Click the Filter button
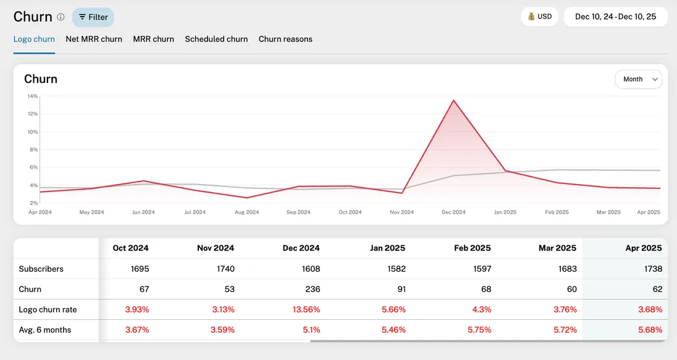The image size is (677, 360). (93, 17)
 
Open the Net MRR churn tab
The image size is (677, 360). (94, 39)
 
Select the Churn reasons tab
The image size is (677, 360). (285, 39)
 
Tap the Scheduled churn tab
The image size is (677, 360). (216, 39)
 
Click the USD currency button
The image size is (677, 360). (539, 17)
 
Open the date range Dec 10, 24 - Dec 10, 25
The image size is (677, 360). (615, 17)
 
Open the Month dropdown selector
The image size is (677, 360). (638, 79)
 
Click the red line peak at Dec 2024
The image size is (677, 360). (454, 100)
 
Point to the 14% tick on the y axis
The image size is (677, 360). (33, 96)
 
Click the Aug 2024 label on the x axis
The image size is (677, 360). (247, 212)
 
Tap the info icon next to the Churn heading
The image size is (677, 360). (61, 17)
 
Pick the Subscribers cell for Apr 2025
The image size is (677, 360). (652, 269)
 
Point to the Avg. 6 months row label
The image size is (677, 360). (45, 330)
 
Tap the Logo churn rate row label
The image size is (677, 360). (48, 309)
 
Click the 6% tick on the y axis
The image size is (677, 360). (34, 167)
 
